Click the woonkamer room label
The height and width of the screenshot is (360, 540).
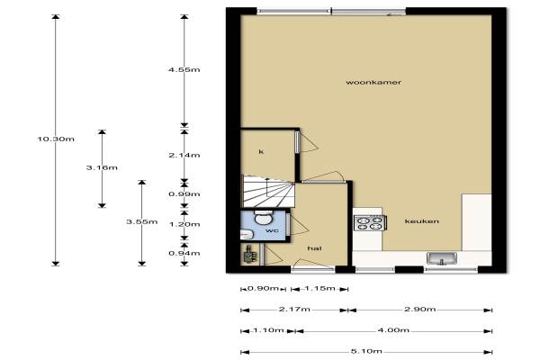(x=373, y=82)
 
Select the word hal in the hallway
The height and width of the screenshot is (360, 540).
(x=314, y=248)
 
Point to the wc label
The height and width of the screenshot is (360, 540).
(x=272, y=230)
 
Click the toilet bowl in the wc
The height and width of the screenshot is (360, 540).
(x=264, y=217)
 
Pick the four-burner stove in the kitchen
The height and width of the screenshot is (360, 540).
(x=370, y=223)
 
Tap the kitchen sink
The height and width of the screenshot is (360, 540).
(x=442, y=258)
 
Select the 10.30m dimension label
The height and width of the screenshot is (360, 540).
(x=56, y=139)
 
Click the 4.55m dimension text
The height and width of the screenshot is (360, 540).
(x=184, y=70)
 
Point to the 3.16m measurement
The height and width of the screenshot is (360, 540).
(x=102, y=167)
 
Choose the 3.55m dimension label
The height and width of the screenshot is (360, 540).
(x=142, y=222)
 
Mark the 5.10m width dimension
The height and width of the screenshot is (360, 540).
(x=366, y=351)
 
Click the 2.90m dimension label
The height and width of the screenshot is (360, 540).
(x=419, y=310)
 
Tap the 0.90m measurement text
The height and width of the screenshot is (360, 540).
(x=263, y=288)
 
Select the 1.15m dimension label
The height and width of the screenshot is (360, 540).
(x=319, y=288)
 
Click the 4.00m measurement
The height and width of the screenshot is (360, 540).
(x=393, y=330)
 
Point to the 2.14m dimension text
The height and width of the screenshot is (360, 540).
(x=184, y=156)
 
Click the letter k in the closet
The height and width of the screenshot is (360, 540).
(x=261, y=151)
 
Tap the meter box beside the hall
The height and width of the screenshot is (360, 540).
(x=250, y=254)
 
